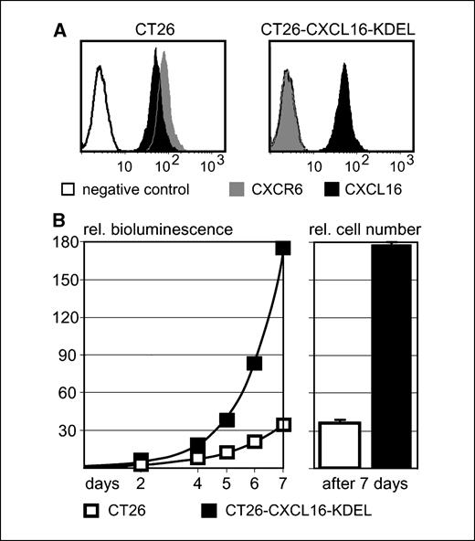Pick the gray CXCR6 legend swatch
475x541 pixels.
(232, 190)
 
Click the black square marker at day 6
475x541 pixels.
(255, 364)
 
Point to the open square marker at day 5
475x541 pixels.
(227, 452)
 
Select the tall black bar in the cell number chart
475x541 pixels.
(392, 356)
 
